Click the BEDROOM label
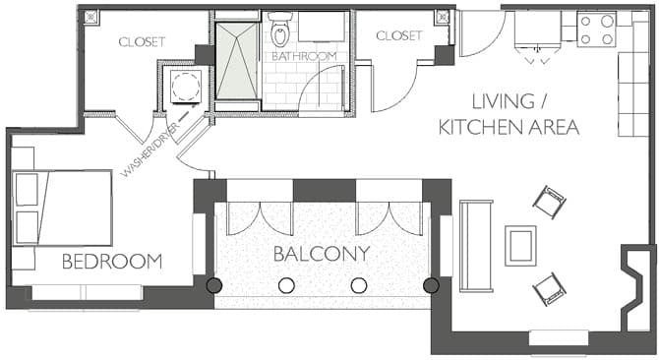pos(112,262)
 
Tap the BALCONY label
pos(322,254)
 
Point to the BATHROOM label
pos(304,56)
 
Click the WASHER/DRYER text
pos(150,150)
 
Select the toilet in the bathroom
pos(280,29)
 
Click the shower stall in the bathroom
pos(237,61)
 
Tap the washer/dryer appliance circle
pos(186,87)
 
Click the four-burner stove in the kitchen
pos(596,30)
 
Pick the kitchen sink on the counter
pos(538,29)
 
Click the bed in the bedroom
pos(62,208)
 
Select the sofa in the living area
pos(476,246)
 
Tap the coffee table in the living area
pos(520,246)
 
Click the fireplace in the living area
pos(636,289)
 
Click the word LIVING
pos(503,101)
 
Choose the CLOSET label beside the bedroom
pos(142,42)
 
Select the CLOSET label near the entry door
pos(399,35)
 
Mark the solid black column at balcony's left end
pos(213,285)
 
